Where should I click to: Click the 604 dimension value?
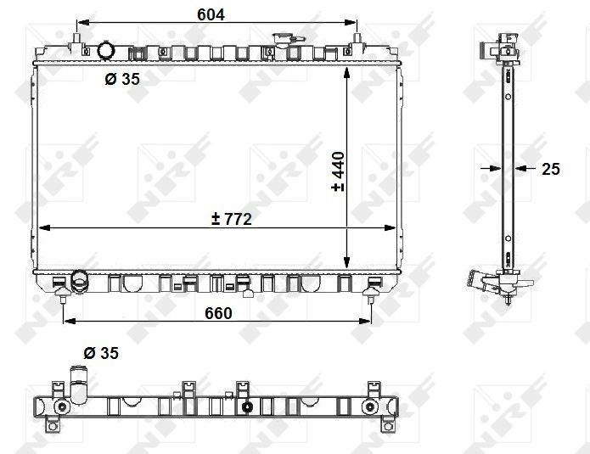(211, 14)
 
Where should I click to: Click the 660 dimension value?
(219, 313)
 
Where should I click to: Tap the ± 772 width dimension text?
(232, 219)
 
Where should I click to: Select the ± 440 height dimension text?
(338, 171)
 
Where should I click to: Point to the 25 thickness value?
(551, 169)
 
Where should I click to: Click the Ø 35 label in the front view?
(122, 79)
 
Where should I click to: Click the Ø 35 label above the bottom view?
(101, 353)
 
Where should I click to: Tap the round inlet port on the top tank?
(105, 50)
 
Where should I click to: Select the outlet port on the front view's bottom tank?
(79, 281)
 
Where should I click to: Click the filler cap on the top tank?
(283, 39)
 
